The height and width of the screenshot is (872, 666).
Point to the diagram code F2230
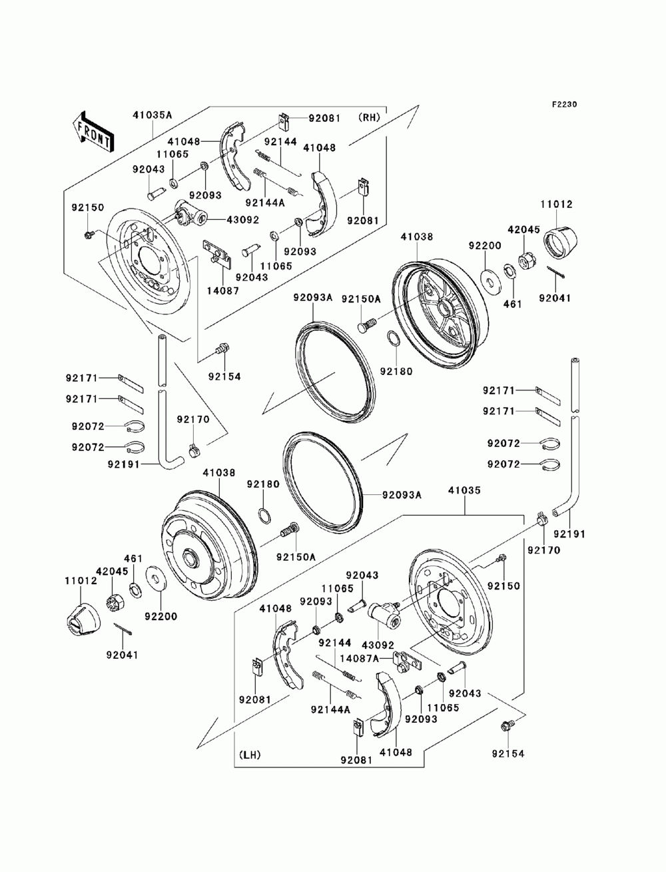[563, 105]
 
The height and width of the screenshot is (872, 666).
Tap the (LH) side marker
[248, 755]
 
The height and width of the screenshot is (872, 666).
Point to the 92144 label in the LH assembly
[334, 643]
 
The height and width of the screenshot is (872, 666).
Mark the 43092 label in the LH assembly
[378, 645]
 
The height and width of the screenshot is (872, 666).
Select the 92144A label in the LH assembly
[330, 709]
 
